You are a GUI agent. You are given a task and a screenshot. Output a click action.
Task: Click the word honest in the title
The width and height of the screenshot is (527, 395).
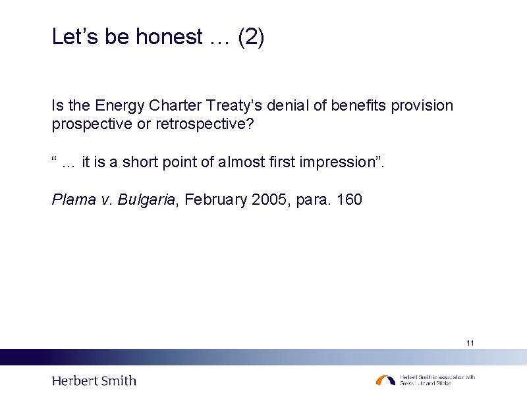tap(169, 38)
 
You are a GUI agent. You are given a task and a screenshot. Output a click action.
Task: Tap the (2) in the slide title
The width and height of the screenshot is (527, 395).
tap(251, 38)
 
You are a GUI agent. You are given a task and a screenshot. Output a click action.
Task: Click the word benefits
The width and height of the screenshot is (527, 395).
tap(356, 105)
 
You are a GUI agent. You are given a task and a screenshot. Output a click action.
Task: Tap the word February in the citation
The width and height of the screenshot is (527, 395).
tap(216, 199)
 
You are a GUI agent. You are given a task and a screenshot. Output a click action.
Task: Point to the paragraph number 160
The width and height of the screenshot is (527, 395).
tap(349, 199)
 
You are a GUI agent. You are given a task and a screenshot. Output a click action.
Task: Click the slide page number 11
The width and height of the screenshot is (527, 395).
tap(470, 343)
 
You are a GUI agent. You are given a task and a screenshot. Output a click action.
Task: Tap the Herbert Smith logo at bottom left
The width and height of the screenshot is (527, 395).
tap(94, 381)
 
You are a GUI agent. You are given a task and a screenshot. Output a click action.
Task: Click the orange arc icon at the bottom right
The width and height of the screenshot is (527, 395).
tap(385, 380)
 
